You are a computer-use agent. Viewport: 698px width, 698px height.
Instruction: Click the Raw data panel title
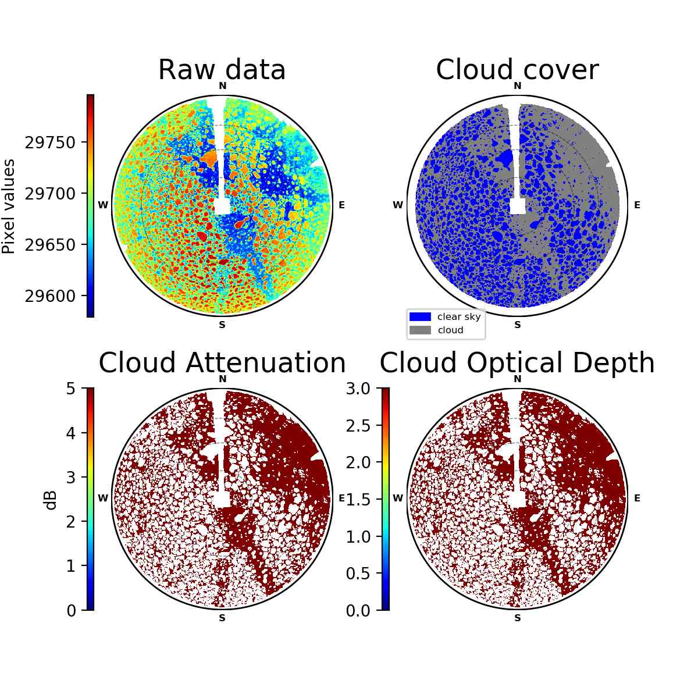coord(222,70)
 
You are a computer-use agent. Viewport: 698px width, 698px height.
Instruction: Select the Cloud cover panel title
coord(517,70)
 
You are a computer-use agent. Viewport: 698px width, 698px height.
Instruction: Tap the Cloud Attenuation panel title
coord(222,362)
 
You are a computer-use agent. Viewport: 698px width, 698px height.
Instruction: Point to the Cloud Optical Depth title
coord(517,364)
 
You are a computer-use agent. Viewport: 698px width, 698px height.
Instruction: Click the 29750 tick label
coord(50,143)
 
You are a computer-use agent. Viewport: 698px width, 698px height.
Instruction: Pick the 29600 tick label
coord(50,296)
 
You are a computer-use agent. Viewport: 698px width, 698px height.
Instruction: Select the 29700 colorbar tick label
coord(50,194)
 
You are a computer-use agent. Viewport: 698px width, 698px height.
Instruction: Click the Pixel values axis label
coord(9,206)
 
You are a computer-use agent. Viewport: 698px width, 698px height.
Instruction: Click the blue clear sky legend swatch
coord(420,316)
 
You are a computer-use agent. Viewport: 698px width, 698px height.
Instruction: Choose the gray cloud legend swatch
coord(420,330)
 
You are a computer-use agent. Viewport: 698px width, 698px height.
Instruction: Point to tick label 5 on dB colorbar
coord(70,389)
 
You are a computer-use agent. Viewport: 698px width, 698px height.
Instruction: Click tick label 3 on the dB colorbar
coord(70,478)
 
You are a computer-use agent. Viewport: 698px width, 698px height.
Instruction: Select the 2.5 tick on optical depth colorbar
coord(358,426)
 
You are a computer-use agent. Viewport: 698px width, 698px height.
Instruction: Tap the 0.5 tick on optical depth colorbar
coord(358,574)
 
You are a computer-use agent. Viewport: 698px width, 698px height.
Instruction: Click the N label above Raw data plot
coord(222,86)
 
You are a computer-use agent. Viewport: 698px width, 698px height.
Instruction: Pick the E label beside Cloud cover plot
coord(637,205)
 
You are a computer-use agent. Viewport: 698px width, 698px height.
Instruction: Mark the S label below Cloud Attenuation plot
coord(222,618)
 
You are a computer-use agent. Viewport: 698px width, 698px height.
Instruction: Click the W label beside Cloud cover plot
coord(398,205)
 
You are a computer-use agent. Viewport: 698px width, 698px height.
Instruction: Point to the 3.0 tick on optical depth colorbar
coord(358,389)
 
